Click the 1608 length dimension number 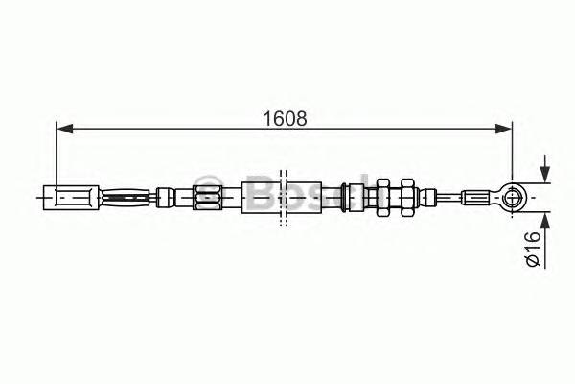[x=285, y=119]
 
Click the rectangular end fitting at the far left [x=71, y=199]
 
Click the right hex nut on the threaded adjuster [x=407, y=198]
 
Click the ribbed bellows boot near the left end [x=126, y=199]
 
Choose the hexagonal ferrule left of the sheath [x=207, y=199]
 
